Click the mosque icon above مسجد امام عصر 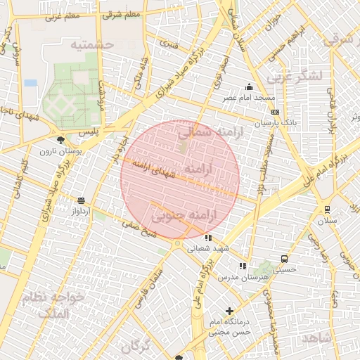click(249, 87)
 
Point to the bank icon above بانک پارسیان click(274, 112)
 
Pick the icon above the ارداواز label click(81, 200)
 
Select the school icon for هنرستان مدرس click(242, 266)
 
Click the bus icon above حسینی click(284, 258)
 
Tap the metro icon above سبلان click(327, 209)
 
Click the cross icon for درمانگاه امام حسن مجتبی click(229, 311)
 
